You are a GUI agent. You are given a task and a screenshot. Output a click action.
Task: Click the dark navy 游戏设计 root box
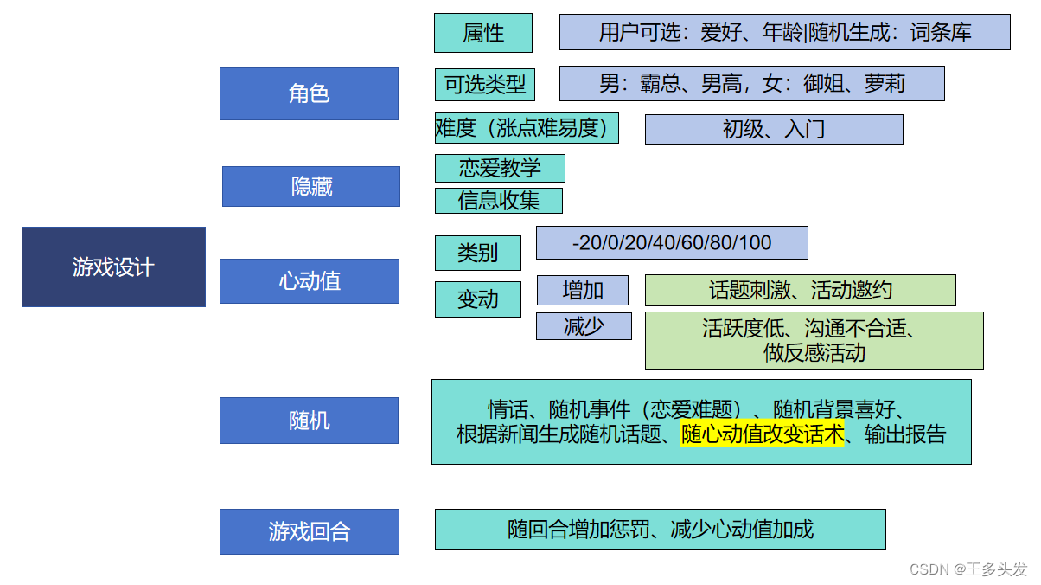tap(113, 267)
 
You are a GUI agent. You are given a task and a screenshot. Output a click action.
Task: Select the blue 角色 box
tap(309, 93)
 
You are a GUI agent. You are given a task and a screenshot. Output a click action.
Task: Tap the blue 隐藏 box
tap(311, 186)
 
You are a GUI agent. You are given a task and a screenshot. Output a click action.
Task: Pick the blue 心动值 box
tap(310, 281)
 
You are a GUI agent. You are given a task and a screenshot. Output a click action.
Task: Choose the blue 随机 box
tap(309, 421)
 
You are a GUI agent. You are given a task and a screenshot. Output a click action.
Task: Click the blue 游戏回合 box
tap(309, 531)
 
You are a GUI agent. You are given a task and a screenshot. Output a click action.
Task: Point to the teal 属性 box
tap(483, 33)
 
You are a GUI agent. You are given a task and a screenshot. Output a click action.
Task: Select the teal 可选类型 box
tap(485, 85)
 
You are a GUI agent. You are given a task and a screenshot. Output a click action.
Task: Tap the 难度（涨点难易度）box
tap(527, 128)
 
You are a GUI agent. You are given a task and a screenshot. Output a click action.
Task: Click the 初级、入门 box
tap(774, 129)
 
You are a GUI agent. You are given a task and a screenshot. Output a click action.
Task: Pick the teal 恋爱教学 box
tap(500, 168)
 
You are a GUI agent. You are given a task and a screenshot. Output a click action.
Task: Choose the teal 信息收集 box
tap(498, 201)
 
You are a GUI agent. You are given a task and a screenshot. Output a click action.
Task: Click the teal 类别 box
tap(477, 253)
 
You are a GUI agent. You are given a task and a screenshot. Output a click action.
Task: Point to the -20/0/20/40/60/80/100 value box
tap(672, 243)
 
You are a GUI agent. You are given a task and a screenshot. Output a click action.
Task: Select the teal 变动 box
tap(477, 299)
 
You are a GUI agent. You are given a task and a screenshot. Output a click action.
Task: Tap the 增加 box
tap(583, 290)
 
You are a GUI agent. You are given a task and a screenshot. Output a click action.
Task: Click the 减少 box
tap(584, 326)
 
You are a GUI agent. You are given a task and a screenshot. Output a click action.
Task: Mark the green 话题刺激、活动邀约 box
tap(800, 290)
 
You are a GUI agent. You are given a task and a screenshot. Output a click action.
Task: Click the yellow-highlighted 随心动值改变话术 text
tap(762, 434)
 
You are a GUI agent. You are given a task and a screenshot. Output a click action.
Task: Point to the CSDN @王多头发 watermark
tap(968, 569)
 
